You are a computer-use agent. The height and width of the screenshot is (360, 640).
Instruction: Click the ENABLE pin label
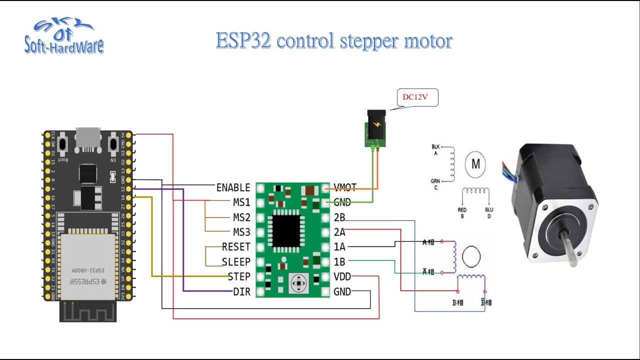(x=233, y=188)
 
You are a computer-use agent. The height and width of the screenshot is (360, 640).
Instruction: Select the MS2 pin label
(x=241, y=217)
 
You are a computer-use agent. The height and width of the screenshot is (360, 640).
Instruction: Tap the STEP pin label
(x=238, y=276)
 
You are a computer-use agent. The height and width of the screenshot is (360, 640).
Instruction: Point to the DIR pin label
(x=241, y=291)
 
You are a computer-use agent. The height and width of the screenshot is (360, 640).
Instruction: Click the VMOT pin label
(x=345, y=188)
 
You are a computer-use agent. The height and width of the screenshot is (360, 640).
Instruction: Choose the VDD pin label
(x=343, y=276)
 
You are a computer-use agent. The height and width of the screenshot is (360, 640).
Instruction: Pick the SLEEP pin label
(x=236, y=262)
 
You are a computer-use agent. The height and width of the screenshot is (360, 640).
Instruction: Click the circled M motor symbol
(x=475, y=164)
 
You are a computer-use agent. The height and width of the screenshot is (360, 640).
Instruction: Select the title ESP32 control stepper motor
(x=334, y=41)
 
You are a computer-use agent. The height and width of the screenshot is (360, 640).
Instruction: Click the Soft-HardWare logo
(x=64, y=38)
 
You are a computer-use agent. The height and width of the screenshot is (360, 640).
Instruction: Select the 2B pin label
(x=339, y=217)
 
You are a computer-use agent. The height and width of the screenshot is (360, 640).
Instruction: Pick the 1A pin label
(x=339, y=247)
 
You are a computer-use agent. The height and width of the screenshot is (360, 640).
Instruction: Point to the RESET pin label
(x=236, y=247)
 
